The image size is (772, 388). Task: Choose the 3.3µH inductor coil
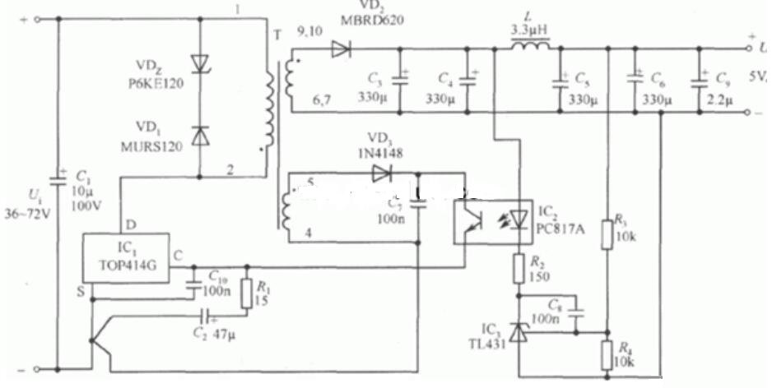pyautogui.click(x=529, y=48)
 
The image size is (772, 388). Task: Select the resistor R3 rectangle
pyautogui.click(x=607, y=233)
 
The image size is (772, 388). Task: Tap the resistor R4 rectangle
pyautogui.click(x=607, y=355)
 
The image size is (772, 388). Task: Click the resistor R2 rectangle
pyautogui.click(x=519, y=269)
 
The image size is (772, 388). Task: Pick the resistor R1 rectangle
pyautogui.click(x=245, y=293)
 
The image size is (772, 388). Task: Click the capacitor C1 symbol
pyautogui.click(x=59, y=178)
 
